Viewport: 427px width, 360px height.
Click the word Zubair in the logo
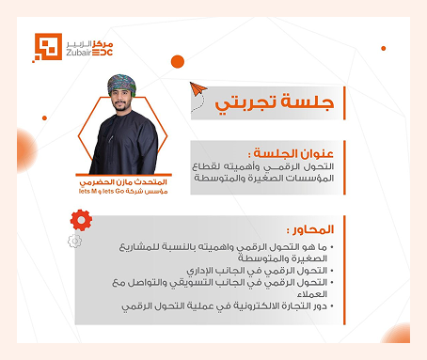(x=78, y=55)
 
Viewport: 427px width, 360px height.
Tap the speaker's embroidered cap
(x=122, y=83)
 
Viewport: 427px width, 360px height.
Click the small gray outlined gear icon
(x=74, y=241)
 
